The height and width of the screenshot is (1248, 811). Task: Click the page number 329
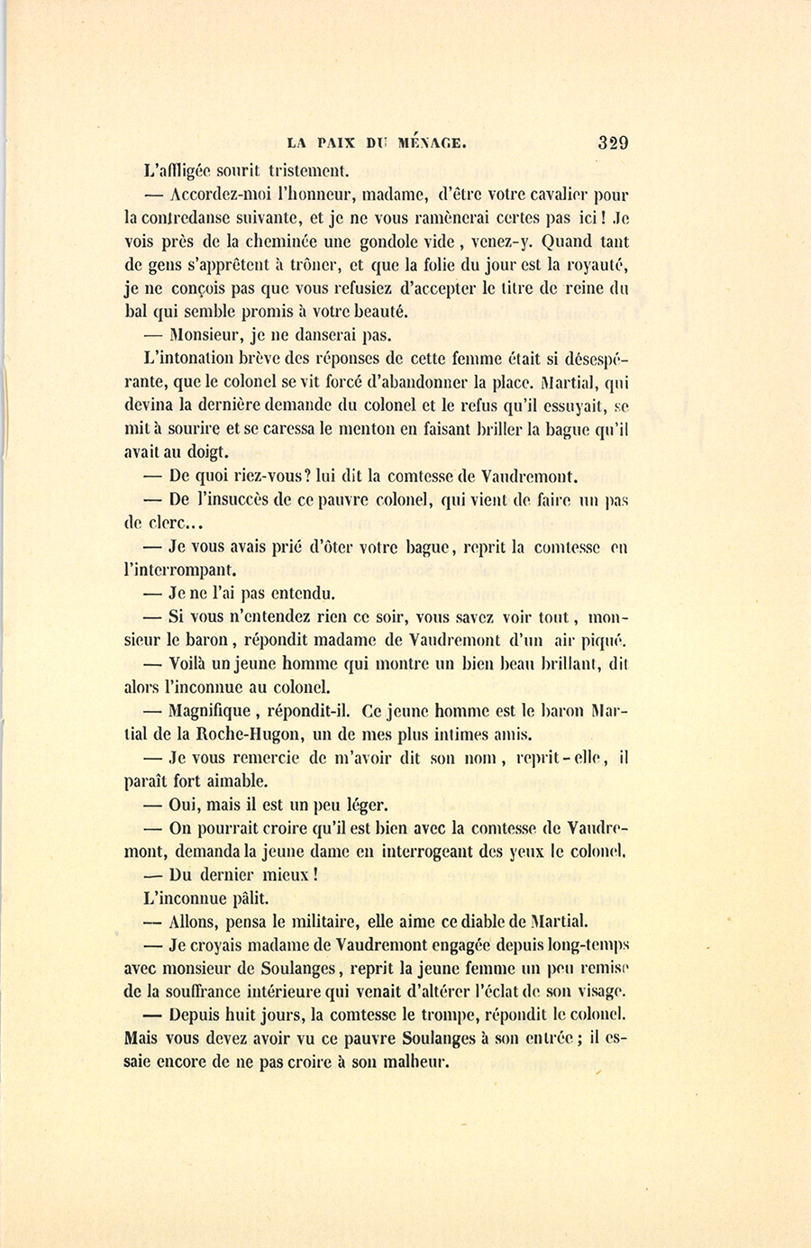(612, 142)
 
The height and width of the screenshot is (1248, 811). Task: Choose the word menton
(394, 430)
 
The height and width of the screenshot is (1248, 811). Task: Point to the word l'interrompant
(179, 570)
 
